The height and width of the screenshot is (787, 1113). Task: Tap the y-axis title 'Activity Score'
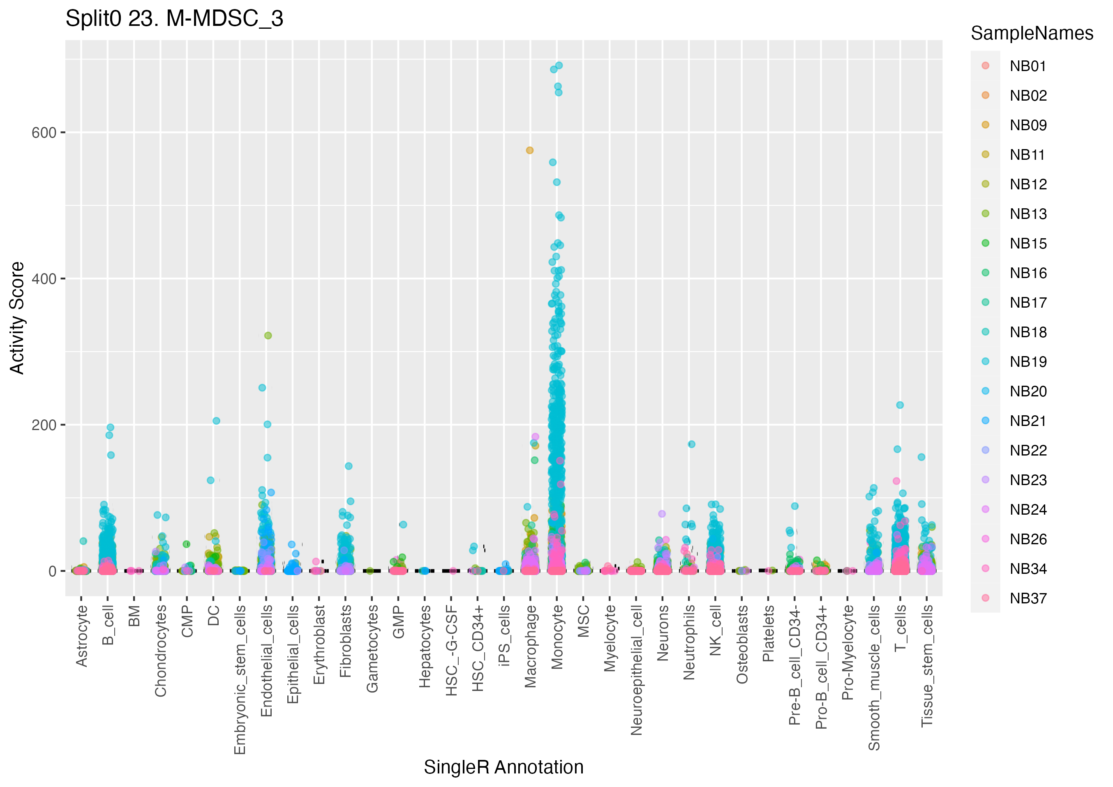17,318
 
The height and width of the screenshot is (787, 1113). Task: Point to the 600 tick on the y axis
44,133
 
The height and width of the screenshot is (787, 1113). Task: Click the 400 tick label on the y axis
44,279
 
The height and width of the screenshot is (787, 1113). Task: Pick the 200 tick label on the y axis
44,425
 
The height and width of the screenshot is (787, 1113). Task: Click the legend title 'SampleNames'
1032,33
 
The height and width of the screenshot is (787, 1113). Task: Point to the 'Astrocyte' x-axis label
81,636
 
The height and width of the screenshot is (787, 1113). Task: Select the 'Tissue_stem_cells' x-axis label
927,665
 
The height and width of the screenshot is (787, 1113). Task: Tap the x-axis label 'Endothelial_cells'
266,660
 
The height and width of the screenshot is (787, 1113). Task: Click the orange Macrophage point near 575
529,150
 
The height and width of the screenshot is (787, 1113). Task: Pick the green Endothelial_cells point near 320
268,335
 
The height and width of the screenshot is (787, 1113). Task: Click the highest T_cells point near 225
900,405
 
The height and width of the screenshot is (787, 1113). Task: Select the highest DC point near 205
216,421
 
